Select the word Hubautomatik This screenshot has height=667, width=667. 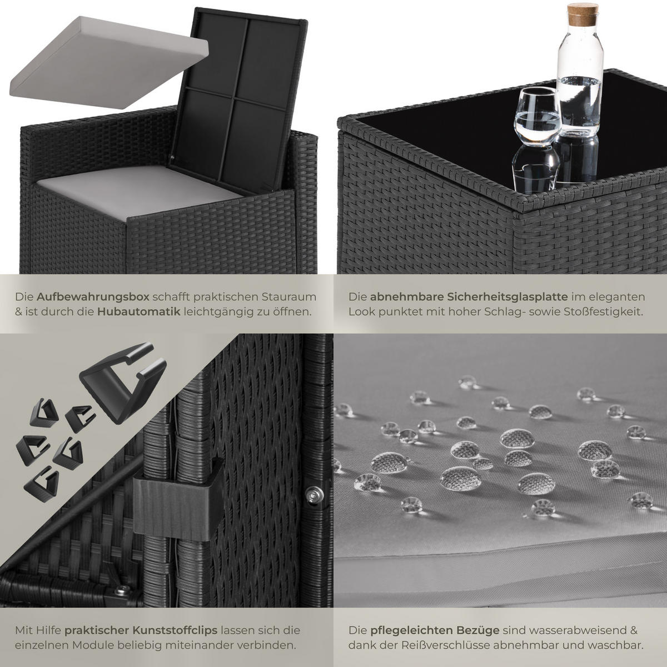coord(138,311)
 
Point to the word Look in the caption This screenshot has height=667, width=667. coord(361,311)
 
